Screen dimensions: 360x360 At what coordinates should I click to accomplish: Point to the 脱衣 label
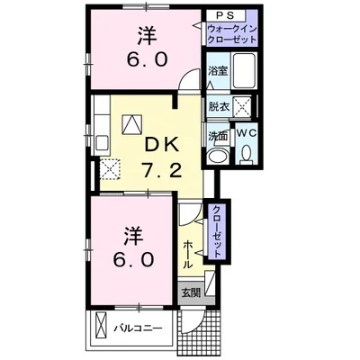pyautogui.click(x=219, y=105)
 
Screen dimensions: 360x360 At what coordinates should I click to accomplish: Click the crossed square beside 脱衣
pyautogui.click(x=240, y=105)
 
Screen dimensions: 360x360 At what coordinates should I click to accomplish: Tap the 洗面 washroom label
pyautogui.click(x=218, y=135)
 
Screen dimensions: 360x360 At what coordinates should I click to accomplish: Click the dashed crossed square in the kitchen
pyautogui.click(x=112, y=167)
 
